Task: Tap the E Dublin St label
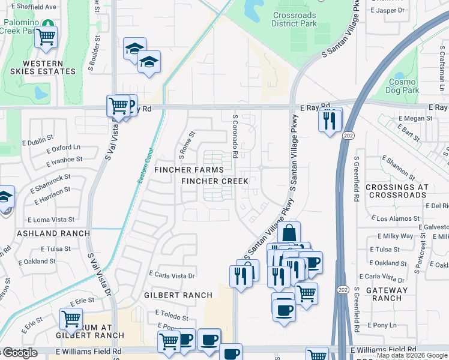pos(42,143)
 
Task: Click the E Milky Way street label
pos(393,236)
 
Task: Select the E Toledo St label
pos(172,315)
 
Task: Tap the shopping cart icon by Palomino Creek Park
pos(46,36)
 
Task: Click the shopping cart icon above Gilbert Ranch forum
pos(71,318)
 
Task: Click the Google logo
pos(20,353)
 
